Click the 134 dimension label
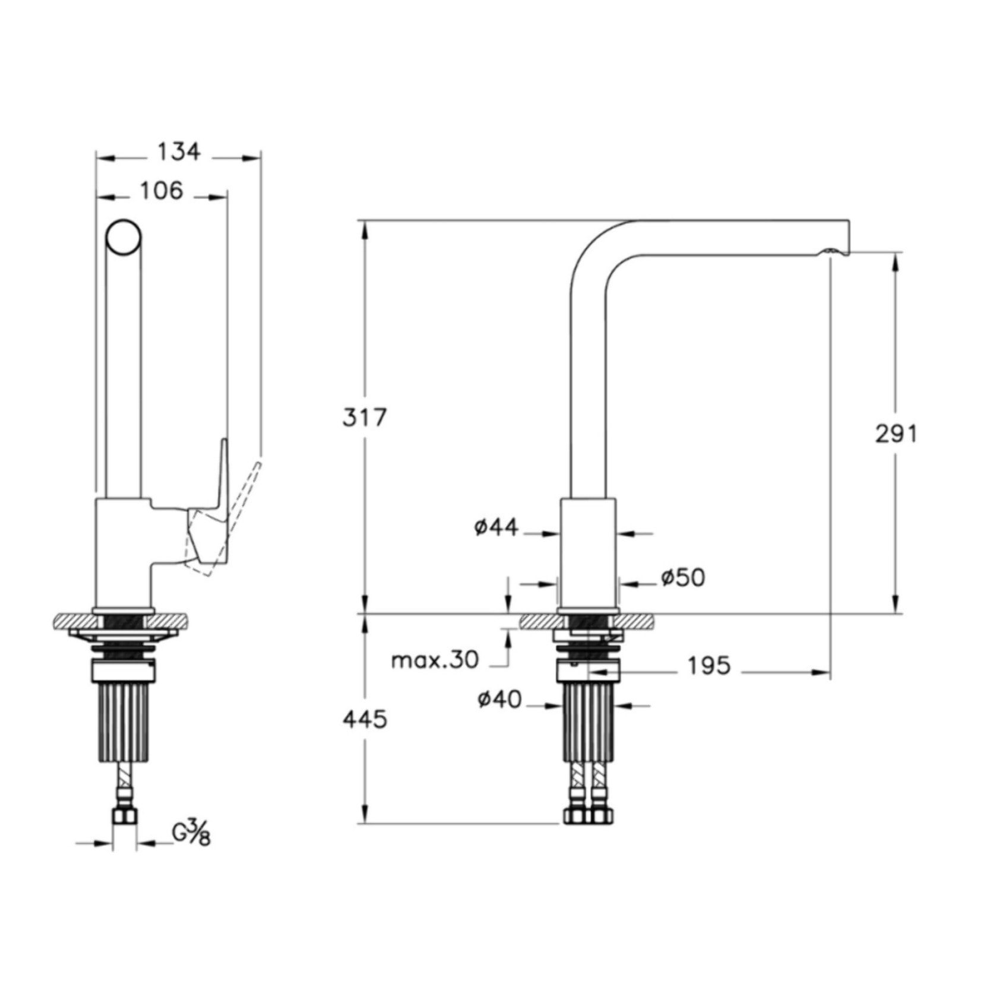[x=179, y=152]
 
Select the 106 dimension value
[x=162, y=191]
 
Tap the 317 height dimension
[x=365, y=418]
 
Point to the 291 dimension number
[x=896, y=434]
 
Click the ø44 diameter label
[x=496, y=527]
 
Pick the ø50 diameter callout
[x=683, y=577]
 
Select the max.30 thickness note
[x=435, y=660]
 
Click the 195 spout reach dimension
[x=709, y=666]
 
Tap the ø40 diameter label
[x=499, y=700]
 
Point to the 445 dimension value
[x=365, y=720]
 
